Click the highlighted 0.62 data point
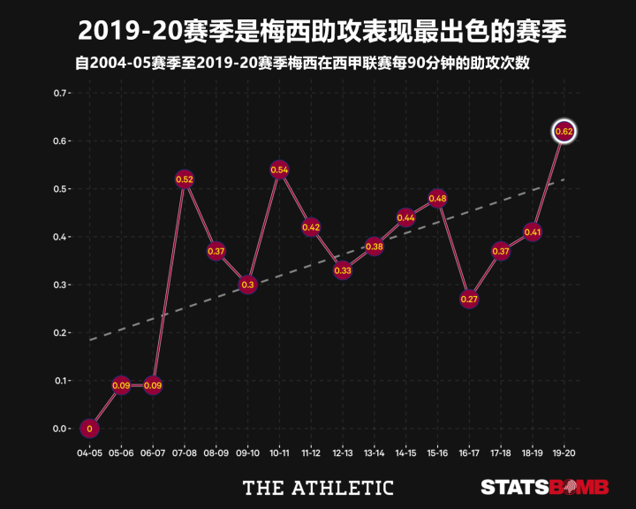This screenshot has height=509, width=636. tap(564, 131)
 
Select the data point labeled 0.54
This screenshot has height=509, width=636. tap(279, 169)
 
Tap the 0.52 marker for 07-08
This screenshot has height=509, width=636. tap(185, 179)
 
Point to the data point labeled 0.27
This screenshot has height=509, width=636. tap(469, 299)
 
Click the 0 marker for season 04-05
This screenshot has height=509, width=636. tap(89, 429)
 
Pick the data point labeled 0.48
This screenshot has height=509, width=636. tap(437, 198)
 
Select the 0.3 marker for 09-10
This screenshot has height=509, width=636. tap(247, 285)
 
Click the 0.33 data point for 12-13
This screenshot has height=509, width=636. tap(343, 270)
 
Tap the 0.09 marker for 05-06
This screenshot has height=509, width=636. tap(121, 385)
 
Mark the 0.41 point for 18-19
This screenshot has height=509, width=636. tap(532, 232)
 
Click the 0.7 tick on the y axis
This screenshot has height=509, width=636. tap(60, 93)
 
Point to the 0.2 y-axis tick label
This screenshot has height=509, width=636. tap(60, 332)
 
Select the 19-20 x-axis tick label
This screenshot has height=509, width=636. tap(564, 452)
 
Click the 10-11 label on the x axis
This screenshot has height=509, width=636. tap(279, 452)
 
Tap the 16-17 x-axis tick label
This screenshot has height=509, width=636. tap(469, 452)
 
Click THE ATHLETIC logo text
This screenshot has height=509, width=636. tap(318, 487)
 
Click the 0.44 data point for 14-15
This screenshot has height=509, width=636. tap(405, 217)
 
